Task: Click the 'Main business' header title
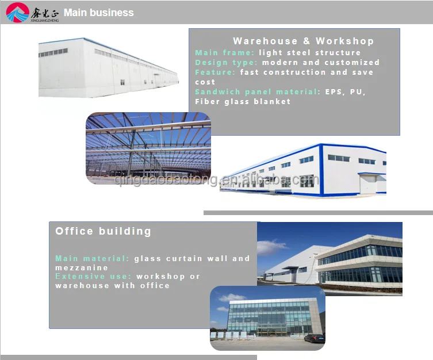pyautogui.click(x=98, y=12)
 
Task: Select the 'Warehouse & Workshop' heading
pyautogui.click(x=303, y=41)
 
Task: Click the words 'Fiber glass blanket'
pyautogui.click(x=243, y=101)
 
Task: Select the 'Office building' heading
pyautogui.click(x=104, y=231)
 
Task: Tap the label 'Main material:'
pyautogui.click(x=93, y=258)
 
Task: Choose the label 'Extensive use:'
pyautogui.click(x=93, y=276)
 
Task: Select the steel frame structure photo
pyautogui.click(x=148, y=148)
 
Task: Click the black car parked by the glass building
pyautogui.click(x=314, y=338)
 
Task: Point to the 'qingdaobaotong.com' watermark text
pyautogui.click(x=216, y=181)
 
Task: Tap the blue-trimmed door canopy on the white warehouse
pyautogui.click(x=371, y=174)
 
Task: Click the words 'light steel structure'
pyautogui.click(x=309, y=52)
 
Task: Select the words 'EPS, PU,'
pyautogui.click(x=346, y=91)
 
